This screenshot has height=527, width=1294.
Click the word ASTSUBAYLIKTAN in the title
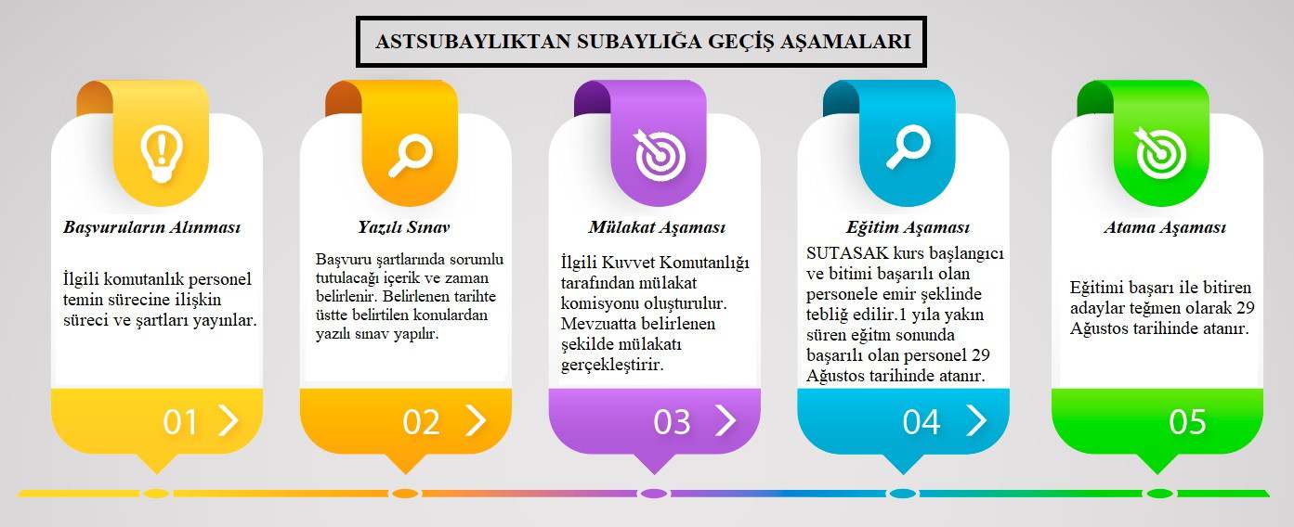473,42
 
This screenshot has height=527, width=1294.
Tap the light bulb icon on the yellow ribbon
162,154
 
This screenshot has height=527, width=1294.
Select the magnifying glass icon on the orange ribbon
411,155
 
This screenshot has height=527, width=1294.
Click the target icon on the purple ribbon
660,154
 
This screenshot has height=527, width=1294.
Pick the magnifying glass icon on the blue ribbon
908,147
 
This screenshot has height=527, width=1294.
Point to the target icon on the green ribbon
1160,152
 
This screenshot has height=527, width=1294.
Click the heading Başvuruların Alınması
152,227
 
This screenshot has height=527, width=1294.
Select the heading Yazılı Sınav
404,226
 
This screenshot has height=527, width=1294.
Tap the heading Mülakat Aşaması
657,227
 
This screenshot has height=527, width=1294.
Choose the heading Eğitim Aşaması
908,227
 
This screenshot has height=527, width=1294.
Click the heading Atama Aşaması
1165,227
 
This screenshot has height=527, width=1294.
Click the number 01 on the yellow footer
180,422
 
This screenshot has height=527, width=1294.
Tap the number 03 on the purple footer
672,422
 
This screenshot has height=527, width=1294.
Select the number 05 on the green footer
1188,422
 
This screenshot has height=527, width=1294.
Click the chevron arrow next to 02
476,420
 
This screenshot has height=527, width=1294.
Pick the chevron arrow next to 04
976,420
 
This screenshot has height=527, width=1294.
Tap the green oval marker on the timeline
1159,494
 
